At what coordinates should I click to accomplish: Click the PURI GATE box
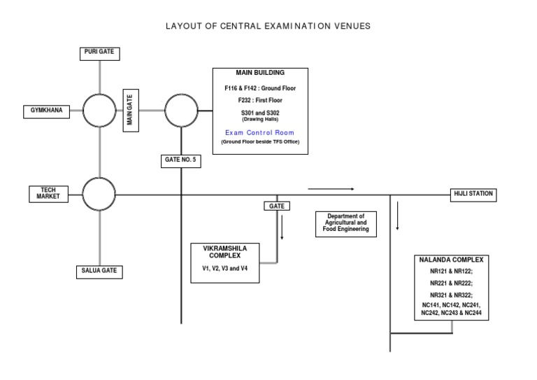(x=99, y=52)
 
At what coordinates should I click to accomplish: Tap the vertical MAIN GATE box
(x=129, y=111)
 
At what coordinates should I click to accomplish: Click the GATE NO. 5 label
(x=180, y=160)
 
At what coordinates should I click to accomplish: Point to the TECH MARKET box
(x=49, y=194)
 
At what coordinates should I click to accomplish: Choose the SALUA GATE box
(x=99, y=271)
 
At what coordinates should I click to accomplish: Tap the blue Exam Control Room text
(x=259, y=132)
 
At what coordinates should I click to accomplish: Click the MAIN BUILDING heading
(x=259, y=72)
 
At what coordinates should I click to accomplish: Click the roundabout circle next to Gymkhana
(x=99, y=110)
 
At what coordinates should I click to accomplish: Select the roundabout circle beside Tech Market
(x=99, y=194)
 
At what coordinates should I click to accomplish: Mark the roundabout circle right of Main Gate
(x=181, y=110)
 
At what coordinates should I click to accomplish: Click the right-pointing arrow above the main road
(x=331, y=188)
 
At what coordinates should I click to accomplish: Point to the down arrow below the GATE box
(x=282, y=227)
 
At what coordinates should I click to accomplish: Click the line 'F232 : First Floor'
(x=259, y=101)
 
